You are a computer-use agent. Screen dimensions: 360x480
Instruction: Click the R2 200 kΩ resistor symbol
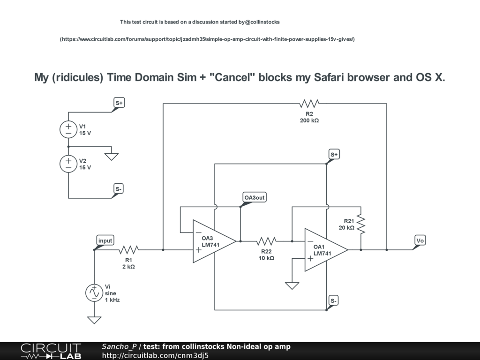click(x=309, y=103)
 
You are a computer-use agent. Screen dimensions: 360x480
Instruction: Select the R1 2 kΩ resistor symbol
click(x=129, y=249)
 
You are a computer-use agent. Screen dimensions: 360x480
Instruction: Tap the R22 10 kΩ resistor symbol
click(x=266, y=241)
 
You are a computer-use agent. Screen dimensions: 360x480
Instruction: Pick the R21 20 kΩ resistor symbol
click(x=361, y=224)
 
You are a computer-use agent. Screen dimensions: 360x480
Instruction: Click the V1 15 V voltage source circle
click(x=68, y=129)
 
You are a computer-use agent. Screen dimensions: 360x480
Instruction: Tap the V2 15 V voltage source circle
click(x=68, y=164)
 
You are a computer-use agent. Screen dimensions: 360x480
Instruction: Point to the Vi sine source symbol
click(x=94, y=292)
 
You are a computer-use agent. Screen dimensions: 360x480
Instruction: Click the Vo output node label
click(x=420, y=240)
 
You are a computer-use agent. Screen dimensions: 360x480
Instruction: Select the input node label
click(x=105, y=240)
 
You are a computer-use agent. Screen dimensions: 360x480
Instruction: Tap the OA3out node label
click(x=255, y=197)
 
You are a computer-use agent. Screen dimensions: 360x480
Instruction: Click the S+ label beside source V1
click(x=119, y=103)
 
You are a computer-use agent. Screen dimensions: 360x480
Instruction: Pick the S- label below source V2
click(x=119, y=189)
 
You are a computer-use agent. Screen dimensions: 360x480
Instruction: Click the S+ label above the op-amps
click(x=334, y=154)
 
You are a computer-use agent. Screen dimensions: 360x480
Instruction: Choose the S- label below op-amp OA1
click(x=334, y=300)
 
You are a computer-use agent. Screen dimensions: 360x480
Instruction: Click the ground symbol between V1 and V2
click(x=111, y=156)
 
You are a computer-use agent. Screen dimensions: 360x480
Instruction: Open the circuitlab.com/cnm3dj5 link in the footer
click(x=155, y=355)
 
